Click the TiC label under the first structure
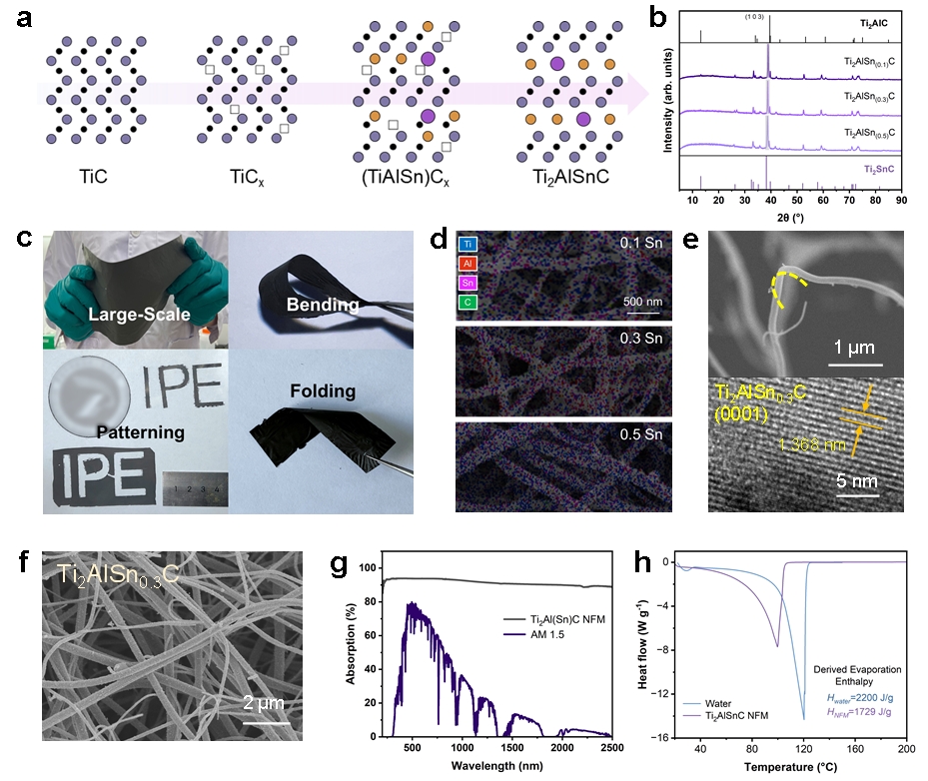(x=95, y=185)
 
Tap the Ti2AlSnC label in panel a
(x=572, y=185)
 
